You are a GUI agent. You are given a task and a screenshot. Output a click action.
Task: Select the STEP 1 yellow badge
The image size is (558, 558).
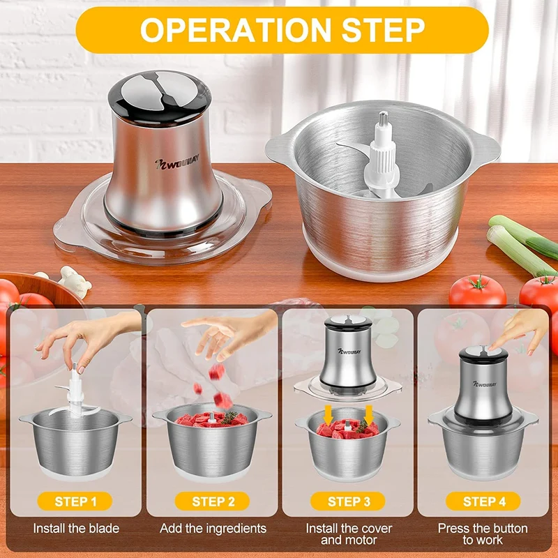pyautogui.click(x=75, y=501)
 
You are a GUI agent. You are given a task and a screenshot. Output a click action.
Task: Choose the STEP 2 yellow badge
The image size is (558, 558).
pyautogui.click(x=213, y=501)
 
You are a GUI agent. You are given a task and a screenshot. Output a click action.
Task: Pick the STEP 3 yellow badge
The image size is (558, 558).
pyautogui.click(x=349, y=501)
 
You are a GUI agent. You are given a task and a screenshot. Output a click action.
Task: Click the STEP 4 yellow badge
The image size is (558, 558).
pyautogui.click(x=484, y=501)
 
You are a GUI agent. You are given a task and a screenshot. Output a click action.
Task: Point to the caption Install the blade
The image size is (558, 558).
pyautogui.click(x=76, y=529)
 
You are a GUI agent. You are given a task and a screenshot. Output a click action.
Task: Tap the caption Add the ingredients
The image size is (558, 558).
pyautogui.click(x=213, y=529)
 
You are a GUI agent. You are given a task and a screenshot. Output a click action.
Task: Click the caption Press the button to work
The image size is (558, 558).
pyautogui.click(x=483, y=534)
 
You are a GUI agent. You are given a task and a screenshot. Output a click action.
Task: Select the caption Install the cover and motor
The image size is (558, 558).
pyautogui.click(x=349, y=534)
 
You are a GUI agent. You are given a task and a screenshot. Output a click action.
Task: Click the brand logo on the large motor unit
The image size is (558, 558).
pyautogui.click(x=177, y=163)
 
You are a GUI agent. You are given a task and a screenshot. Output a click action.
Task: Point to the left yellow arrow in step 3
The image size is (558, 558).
pyautogui.click(x=329, y=414)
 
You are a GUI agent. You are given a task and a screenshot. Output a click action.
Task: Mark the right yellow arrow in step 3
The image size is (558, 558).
pyautogui.click(x=369, y=414)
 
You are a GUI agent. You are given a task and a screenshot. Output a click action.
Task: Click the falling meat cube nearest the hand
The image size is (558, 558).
pyautogui.click(x=216, y=372)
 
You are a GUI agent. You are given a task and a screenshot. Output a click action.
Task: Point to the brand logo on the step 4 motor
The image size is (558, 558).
pyautogui.click(x=484, y=384)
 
